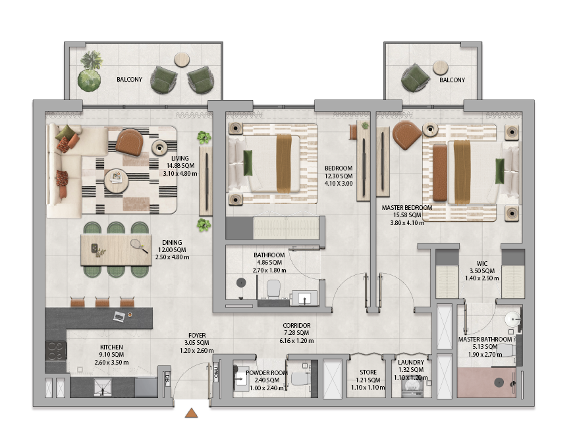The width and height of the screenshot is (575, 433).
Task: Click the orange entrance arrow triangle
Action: tap(191, 413)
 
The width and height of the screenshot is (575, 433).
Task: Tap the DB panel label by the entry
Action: tap(167, 376)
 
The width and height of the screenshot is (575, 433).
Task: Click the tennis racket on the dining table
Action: tap(139, 246)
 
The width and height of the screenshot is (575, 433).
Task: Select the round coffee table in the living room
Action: tap(116, 180)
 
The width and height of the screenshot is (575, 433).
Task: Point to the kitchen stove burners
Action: tap(56, 351)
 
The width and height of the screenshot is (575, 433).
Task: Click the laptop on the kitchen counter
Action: tap(119, 317)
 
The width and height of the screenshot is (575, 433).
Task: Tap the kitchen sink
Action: tap(103, 388)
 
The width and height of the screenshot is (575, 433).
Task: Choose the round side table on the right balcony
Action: tap(441, 68)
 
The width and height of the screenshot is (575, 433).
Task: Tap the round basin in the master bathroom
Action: tap(512, 319)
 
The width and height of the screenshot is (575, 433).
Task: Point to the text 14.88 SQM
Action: tap(180, 166)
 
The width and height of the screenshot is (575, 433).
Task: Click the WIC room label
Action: tap(482, 263)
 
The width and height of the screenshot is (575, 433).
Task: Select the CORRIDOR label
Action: tap(296, 325)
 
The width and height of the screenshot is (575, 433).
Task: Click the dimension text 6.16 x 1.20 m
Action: tap(296, 341)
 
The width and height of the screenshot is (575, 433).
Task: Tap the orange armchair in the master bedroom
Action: tap(406, 135)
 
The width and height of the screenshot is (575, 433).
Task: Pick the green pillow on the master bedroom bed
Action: tap(499, 171)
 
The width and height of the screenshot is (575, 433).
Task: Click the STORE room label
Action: tap(368, 372)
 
